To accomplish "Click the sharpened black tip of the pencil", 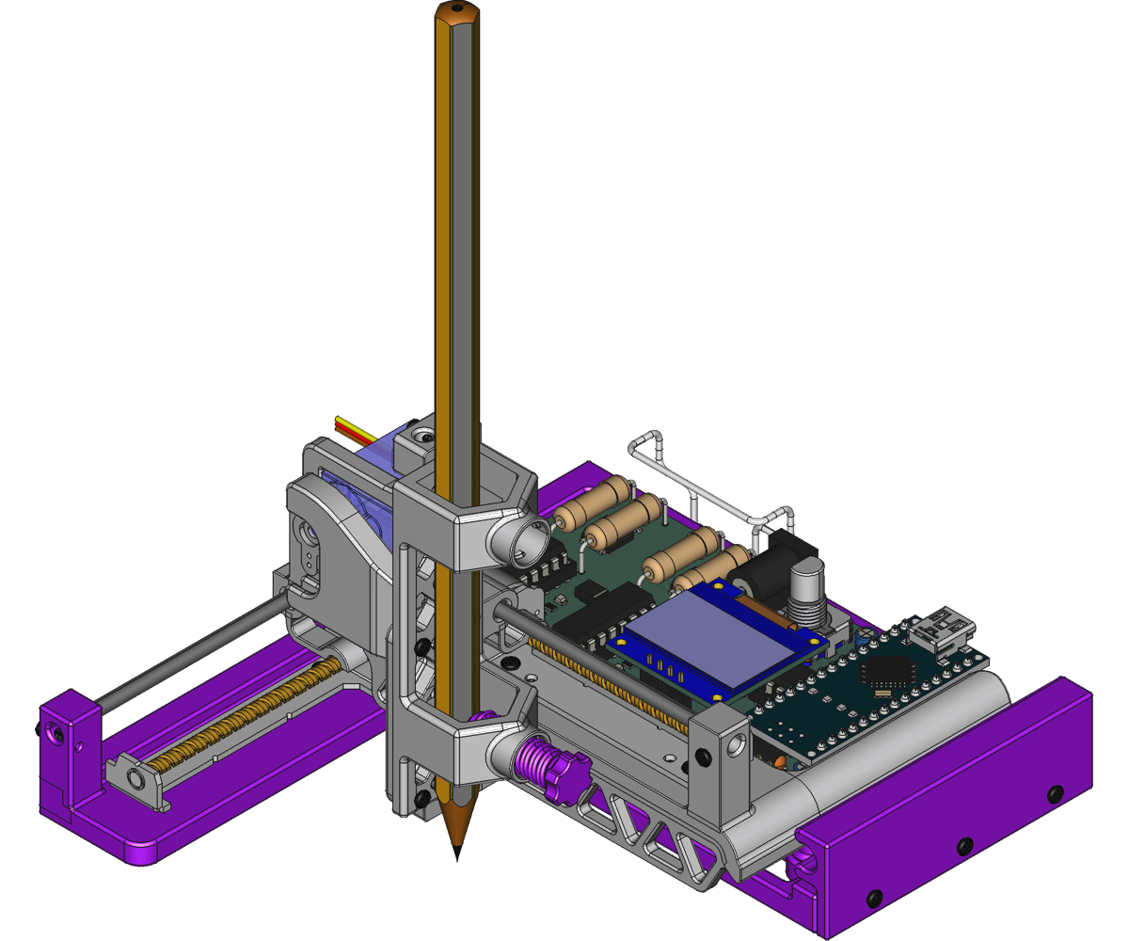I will (x=458, y=851).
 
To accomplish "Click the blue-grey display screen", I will (x=720, y=641).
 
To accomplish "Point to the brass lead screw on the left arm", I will (x=254, y=710).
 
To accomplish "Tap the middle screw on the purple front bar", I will (x=963, y=845).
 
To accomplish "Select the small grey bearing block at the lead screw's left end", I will (x=136, y=777).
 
